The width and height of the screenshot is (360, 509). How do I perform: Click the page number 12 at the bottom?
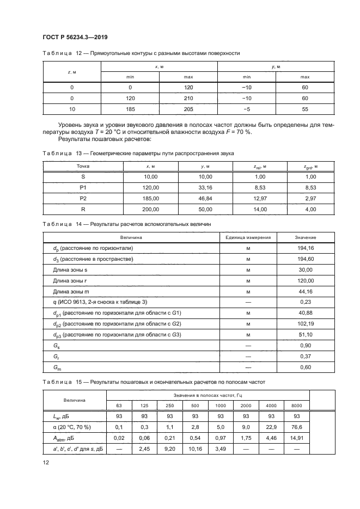click(x=46, y=462)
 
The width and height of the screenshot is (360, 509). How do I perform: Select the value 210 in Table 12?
click(x=188, y=98)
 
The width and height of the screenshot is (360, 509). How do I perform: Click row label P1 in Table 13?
click(x=83, y=187)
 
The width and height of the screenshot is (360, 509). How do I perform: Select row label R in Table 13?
click(x=83, y=208)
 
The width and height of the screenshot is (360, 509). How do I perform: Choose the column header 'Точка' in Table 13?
click(x=83, y=166)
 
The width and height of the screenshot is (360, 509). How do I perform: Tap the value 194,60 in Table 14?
click(x=306, y=259)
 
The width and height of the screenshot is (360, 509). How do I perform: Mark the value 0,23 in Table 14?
click(x=306, y=302)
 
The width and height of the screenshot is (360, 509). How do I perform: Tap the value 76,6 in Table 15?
click(x=297, y=427)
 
